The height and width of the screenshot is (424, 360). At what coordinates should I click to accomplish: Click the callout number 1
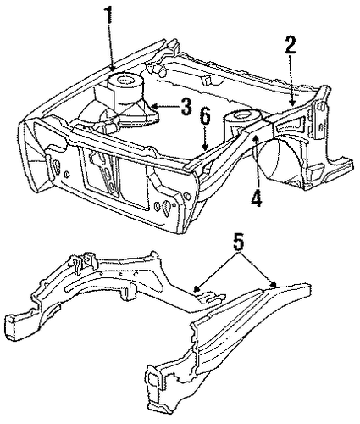pos(109,16)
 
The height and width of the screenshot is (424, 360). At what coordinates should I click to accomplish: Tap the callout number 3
pos(186,107)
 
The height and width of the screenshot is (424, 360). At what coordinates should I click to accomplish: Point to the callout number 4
pos(257,197)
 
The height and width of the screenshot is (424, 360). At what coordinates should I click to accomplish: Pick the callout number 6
pos(205,118)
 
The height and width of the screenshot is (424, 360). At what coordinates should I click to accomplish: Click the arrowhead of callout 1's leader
pos(113,68)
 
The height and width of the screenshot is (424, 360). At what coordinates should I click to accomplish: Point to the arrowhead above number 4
pos(256,138)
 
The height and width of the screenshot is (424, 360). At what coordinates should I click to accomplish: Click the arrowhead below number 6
pos(206,147)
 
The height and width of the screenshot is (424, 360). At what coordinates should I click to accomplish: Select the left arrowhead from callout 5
pos(197,288)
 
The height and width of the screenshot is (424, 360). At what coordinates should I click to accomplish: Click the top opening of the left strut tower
pos(125,81)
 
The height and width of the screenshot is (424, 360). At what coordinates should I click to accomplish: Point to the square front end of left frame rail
pos(12,327)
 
